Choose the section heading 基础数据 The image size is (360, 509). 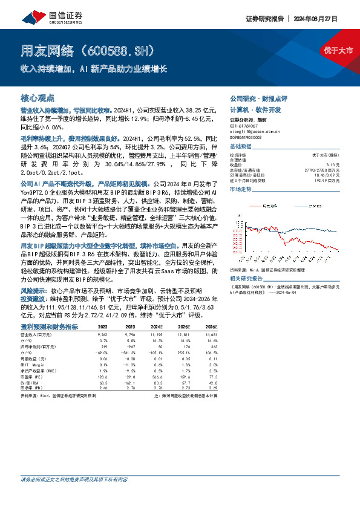[x=240, y=147]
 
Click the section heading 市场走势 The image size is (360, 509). [x=240, y=189]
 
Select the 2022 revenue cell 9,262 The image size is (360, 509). [x=102, y=333]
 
